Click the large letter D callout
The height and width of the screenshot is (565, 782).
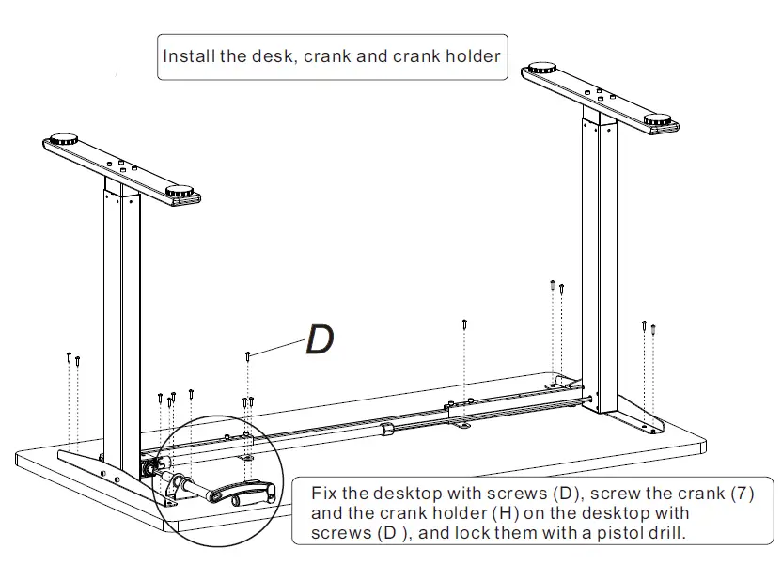[320, 339]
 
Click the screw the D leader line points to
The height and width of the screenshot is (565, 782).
[247, 355]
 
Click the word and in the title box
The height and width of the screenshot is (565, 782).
[372, 55]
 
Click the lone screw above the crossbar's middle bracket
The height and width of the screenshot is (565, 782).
[465, 324]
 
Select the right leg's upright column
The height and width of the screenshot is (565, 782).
[602, 254]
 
